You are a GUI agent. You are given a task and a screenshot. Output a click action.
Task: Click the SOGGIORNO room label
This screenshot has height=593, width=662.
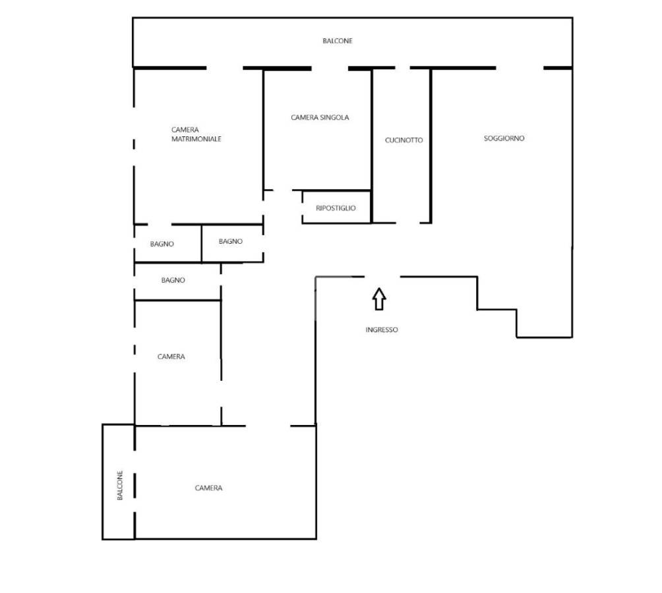click(x=504, y=138)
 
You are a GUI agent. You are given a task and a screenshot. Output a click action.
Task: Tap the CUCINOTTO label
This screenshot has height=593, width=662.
click(x=404, y=140)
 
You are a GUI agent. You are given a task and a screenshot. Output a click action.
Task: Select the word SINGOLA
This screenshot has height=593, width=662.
click(x=335, y=117)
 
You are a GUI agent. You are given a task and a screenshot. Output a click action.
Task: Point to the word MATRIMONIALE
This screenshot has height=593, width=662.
click(x=196, y=139)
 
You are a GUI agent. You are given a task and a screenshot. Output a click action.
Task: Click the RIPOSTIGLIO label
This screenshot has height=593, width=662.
click(x=336, y=208)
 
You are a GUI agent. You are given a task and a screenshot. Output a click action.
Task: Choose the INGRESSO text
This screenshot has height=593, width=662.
click(x=382, y=330)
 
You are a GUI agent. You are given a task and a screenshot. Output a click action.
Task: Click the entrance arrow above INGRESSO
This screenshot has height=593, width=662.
click(x=379, y=299)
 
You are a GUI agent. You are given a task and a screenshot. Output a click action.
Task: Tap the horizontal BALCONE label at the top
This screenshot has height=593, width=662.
click(x=338, y=41)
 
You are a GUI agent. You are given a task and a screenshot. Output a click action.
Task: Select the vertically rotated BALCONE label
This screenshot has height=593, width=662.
click(x=120, y=486)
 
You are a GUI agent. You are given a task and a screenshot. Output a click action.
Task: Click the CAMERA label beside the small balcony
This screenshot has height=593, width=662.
click(x=208, y=488)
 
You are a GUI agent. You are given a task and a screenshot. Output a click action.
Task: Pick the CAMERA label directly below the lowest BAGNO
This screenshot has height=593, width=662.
click(x=171, y=357)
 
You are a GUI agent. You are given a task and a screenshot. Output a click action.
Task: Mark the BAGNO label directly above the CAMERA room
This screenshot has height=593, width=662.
click(x=173, y=280)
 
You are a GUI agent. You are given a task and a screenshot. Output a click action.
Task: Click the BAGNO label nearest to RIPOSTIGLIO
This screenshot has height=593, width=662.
click(x=231, y=241)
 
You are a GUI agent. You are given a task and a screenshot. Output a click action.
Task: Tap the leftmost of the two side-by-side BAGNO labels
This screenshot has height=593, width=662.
click(x=162, y=244)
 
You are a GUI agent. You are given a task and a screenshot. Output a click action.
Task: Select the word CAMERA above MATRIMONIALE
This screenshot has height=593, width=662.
click(x=185, y=130)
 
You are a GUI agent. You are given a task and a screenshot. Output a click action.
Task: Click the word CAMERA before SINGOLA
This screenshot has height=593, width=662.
click(x=305, y=117)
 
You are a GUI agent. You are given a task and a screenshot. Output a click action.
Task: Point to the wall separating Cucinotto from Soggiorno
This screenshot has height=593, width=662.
click(x=431, y=146)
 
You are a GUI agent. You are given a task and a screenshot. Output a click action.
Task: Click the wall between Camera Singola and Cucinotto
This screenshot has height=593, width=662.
click(x=371, y=146)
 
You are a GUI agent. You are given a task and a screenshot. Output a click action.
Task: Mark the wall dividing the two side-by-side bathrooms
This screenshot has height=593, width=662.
click(x=201, y=243)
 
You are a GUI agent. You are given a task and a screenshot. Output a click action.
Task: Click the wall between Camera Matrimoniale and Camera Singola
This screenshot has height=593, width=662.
click(x=264, y=130)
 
